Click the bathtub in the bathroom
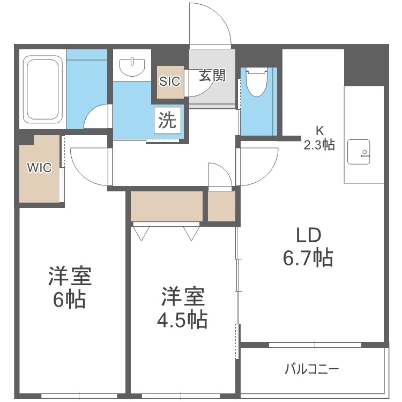coord(42,89)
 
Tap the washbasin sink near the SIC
coord(132,66)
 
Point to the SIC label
coord(170,81)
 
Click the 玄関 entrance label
coord(212,76)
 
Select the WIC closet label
coord(39,168)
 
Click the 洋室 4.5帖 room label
coord(182,308)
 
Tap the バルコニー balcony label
coord(311,369)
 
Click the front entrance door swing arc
coord(212,24)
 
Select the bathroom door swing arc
coord(96,116)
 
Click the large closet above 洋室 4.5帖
coord(167,206)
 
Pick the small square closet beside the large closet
coord(221,206)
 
